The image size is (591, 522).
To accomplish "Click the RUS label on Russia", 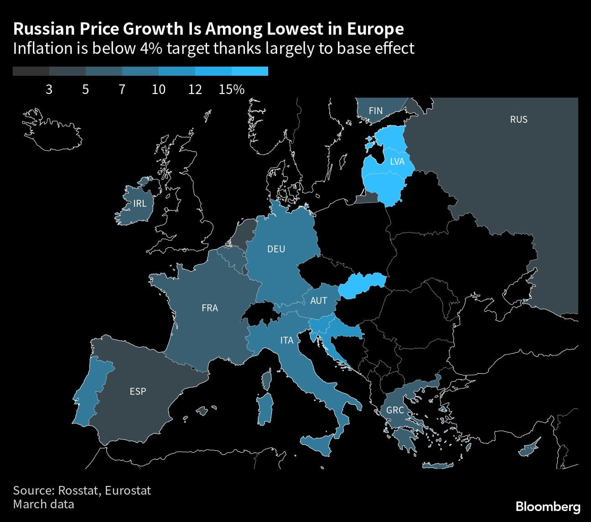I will [518, 120].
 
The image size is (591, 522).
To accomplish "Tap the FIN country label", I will [376, 111].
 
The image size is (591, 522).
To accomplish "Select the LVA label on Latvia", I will [397, 161].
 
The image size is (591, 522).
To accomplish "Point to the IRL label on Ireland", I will [140, 204].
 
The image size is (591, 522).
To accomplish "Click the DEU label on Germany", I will [276, 249].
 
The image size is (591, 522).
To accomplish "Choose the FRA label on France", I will [210, 308].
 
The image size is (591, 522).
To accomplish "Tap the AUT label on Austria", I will [318, 300].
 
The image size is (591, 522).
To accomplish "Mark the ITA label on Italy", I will [287, 340].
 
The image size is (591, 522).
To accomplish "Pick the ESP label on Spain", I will [138, 391].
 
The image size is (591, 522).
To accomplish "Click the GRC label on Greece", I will [395, 410].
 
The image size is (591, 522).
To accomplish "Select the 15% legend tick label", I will [232, 89].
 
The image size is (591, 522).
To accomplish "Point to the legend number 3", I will [49, 89].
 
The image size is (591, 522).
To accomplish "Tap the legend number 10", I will [159, 89].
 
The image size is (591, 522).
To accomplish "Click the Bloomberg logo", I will [548, 506].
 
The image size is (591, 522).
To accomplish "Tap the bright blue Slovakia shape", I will [362, 286].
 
